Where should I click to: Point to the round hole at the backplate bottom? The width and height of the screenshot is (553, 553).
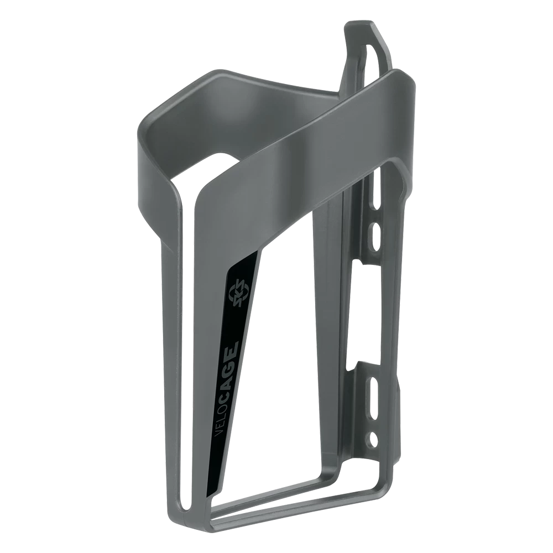point(374,439)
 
